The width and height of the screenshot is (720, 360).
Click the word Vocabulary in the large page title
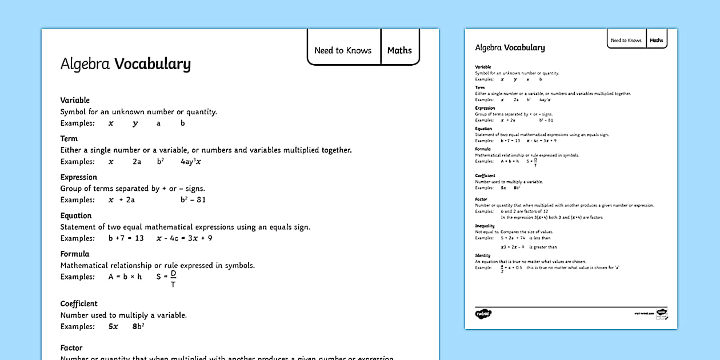click(x=153, y=64)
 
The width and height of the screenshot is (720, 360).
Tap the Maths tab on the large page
click(x=399, y=50)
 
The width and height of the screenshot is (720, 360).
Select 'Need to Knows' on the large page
click(x=343, y=50)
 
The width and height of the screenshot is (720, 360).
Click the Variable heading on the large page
click(x=75, y=100)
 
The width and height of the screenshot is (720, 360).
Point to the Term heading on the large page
click(x=69, y=138)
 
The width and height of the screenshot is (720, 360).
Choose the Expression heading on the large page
click(x=79, y=177)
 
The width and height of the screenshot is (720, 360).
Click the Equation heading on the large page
click(x=76, y=215)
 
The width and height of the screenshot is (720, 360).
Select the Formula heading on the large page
click(x=75, y=254)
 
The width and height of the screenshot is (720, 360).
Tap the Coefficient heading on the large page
click(x=79, y=303)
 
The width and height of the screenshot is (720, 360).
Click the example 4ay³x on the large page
click(x=191, y=162)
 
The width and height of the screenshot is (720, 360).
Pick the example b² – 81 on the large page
click(x=193, y=200)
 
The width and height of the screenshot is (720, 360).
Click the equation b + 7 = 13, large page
click(x=126, y=238)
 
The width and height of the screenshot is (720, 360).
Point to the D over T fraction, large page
click(x=173, y=279)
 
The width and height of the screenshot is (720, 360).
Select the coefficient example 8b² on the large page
click(x=138, y=327)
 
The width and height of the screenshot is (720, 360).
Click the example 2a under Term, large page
click(x=137, y=162)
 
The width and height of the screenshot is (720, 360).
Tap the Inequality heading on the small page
click(x=485, y=226)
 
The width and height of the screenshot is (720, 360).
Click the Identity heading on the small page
click(x=483, y=255)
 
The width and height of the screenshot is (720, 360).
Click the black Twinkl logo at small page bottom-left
click(x=483, y=313)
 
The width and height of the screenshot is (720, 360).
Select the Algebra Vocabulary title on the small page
click(x=510, y=48)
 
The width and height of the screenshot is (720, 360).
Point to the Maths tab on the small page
click(x=657, y=41)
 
